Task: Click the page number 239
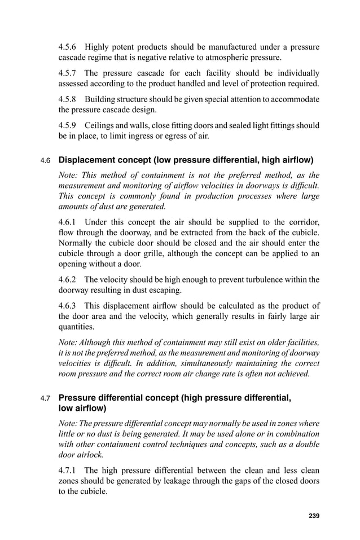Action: [x=314, y=516]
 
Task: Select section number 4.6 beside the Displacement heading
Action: [x=46, y=161]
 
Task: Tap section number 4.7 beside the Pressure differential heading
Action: [x=46, y=399]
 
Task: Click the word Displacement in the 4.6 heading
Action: [x=87, y=161]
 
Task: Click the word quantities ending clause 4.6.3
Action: [x=77, y=326]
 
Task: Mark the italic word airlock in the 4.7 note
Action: [x=90, y=454]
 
